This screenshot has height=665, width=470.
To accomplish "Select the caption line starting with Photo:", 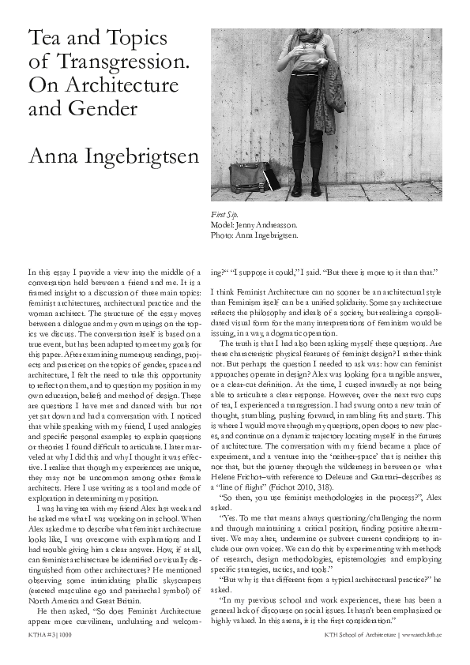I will pos(254,235).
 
